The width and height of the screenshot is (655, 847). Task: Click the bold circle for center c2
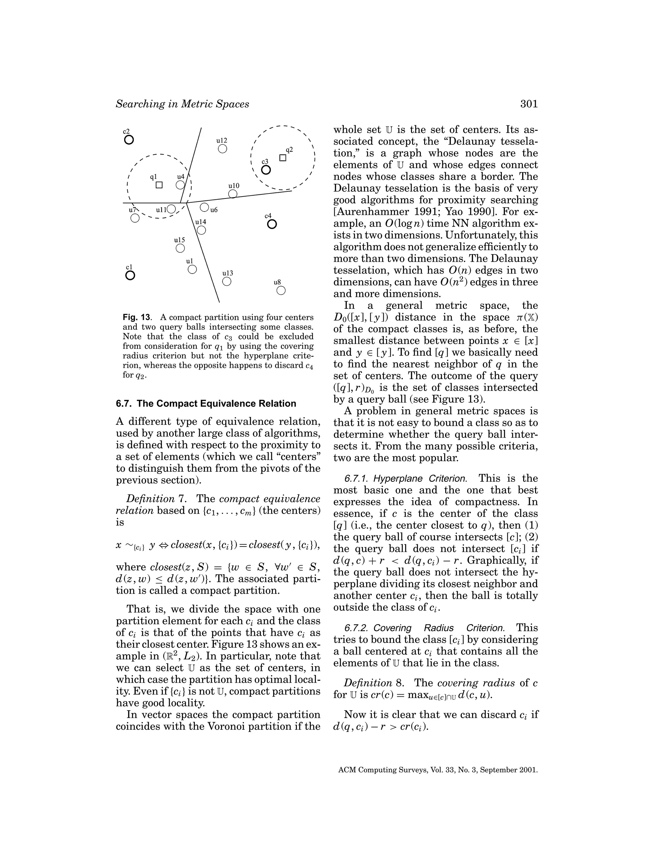(129, 140)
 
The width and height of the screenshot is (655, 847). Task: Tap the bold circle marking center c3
(266, 170)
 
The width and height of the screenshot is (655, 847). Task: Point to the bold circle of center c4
(272, 224)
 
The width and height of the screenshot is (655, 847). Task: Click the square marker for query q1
(159, 185)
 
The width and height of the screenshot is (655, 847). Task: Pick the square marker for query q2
(283, 158)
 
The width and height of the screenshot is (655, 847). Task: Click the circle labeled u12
(222, 149)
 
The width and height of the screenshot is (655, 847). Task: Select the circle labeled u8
(281, 291)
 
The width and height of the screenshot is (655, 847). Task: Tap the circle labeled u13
(227, 282)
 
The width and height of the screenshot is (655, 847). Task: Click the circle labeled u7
(135, 218)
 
